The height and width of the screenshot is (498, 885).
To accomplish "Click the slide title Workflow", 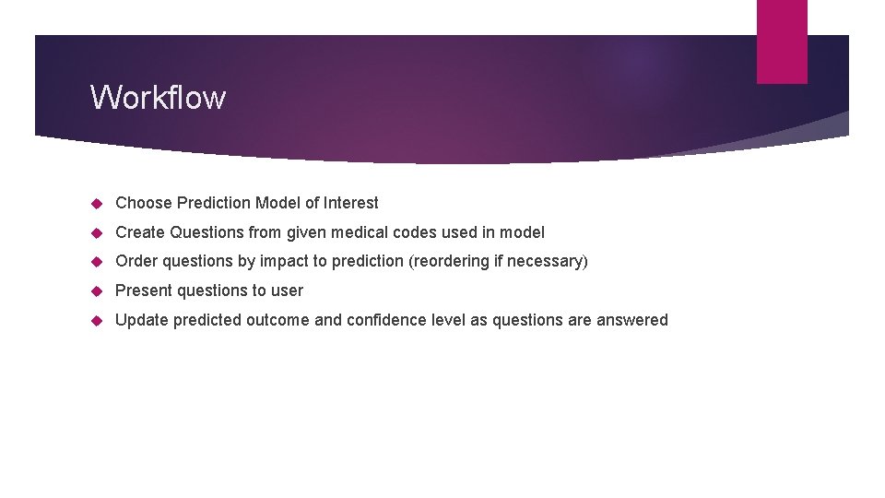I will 158,97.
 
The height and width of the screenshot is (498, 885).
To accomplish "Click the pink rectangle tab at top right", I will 782,41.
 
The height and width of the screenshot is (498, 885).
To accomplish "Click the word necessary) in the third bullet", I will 549,262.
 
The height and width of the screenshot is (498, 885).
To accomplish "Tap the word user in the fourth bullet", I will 287,290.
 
